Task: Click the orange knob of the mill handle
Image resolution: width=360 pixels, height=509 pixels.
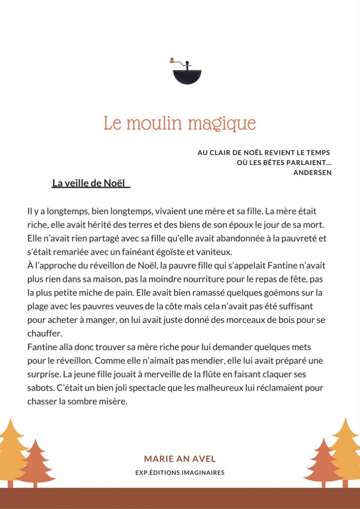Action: [x=172, y=60]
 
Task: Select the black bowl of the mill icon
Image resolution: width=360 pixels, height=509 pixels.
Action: [x=187, y=75]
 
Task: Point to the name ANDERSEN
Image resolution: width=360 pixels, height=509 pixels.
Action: [x=312, y=172]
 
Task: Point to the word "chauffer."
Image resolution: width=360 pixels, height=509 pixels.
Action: [x=44, y=333]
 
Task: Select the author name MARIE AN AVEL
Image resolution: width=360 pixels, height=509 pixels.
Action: [x=180, y=459]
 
